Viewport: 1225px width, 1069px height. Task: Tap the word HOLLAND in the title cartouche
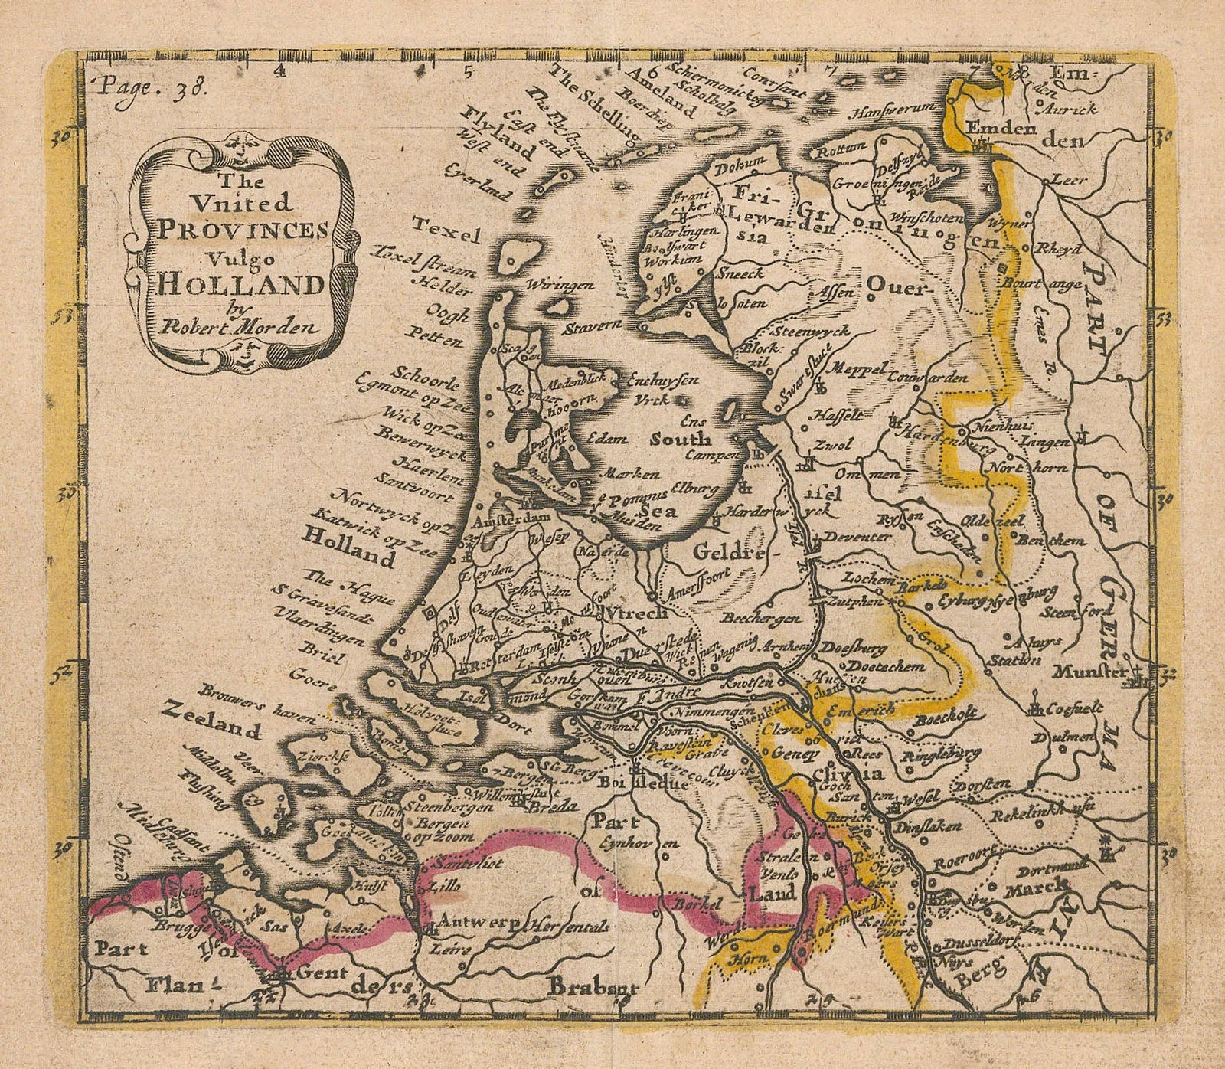click(x=240, y=285)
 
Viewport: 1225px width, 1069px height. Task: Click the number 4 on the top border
click(x=281, y=71)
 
